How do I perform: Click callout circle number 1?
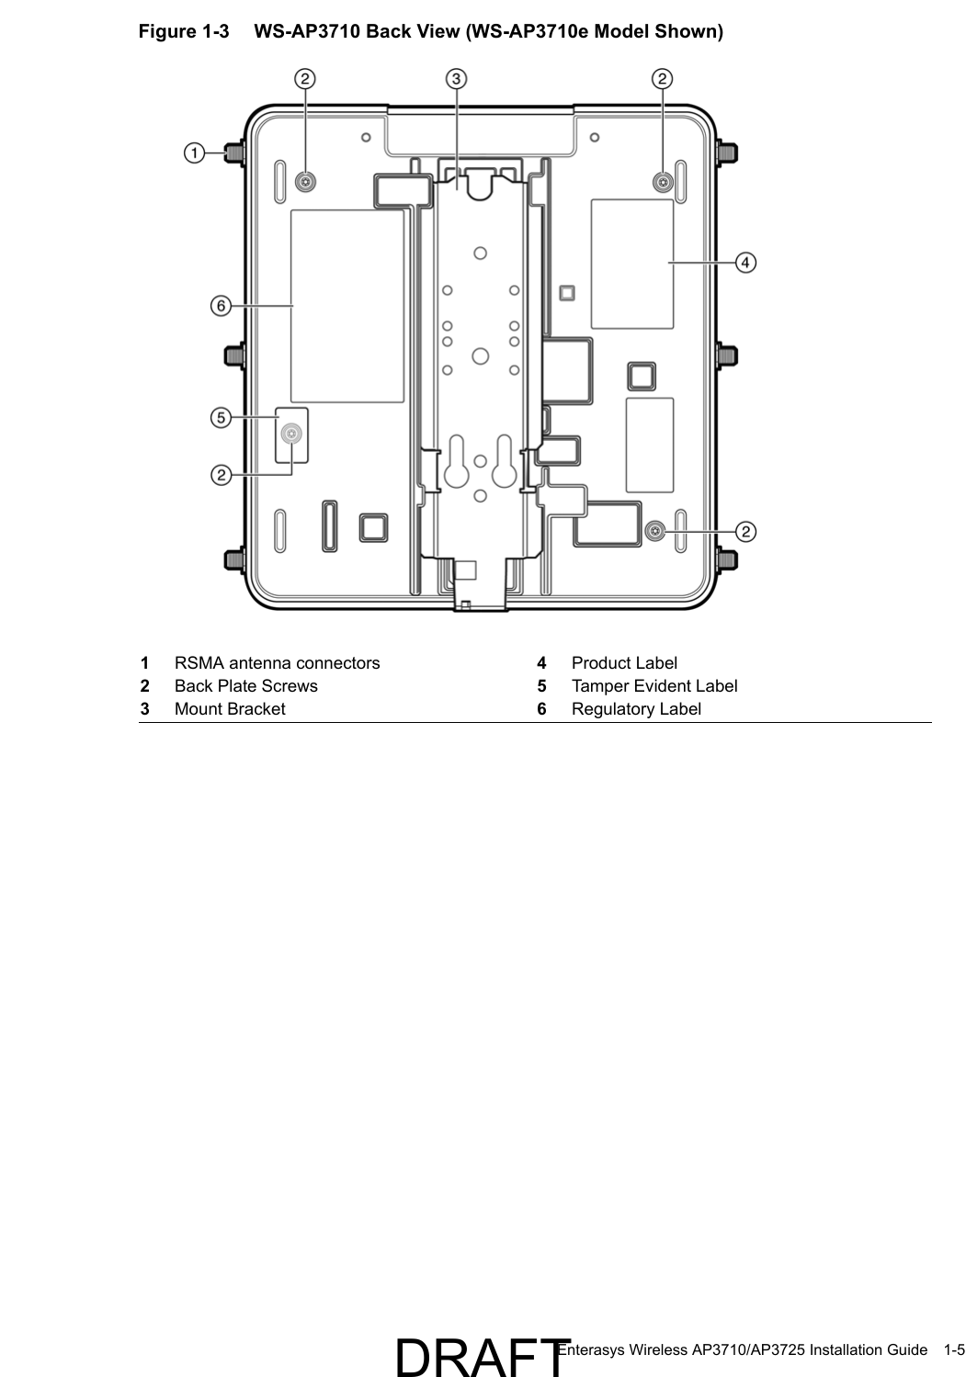194,152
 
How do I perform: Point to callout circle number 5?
221,418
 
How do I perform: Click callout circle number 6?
221,306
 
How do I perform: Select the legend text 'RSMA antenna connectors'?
277,663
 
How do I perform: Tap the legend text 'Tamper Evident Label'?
653,686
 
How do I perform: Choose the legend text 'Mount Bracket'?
230,709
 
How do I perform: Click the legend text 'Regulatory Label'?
635,709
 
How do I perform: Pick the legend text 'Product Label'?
623,663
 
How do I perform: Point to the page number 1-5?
953,1349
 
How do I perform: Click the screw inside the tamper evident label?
292,435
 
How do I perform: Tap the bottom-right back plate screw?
654,531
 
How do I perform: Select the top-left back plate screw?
305,182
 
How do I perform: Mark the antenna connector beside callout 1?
234,152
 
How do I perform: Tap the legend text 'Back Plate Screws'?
245,686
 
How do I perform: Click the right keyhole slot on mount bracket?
504,463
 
